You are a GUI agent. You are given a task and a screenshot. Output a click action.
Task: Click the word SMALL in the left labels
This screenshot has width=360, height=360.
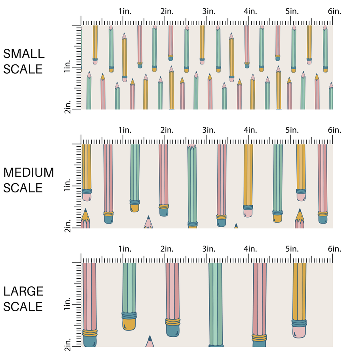coord(24,54)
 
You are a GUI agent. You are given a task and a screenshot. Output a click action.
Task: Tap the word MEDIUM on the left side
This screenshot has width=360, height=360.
coord(28,172)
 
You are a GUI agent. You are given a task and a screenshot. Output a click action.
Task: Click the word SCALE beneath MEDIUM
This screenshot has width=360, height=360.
coord(23,188)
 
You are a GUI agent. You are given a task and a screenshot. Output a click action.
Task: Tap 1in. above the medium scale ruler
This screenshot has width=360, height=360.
coord(125,130)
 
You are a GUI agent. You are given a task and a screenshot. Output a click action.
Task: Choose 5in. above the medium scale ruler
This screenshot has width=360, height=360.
coord(292,130)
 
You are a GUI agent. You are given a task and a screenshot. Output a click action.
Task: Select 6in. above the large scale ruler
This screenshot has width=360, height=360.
coord(334,249)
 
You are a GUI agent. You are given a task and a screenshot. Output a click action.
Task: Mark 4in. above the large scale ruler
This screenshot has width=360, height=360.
coord(251,249)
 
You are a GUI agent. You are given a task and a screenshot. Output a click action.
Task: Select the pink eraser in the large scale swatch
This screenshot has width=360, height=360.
coord(299,332)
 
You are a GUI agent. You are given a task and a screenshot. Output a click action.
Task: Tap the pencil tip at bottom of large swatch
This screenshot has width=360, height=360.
coord(150,341)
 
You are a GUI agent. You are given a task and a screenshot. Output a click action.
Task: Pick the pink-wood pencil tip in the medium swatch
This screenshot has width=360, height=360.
coord(148,222)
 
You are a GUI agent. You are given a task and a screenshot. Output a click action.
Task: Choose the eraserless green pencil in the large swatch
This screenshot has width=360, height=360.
coord(215,304)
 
